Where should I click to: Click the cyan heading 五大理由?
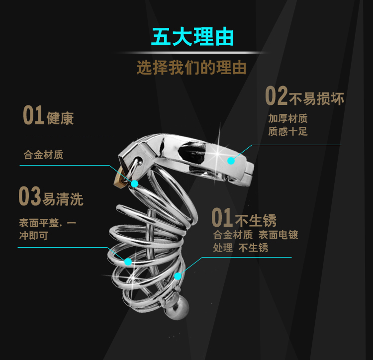[192, 37]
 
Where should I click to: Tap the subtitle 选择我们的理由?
[191, 68]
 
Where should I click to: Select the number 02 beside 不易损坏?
[277, 96]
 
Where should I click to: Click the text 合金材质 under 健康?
[43, 155]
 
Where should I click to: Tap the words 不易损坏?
[317, 98]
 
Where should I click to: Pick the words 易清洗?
[63, 199]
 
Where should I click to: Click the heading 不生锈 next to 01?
[255, 220]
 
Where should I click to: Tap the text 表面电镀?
[278, 235]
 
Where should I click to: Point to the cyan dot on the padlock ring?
[135, 184]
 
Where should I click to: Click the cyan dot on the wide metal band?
[231, 160]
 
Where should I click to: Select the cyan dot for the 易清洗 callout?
[128, 261]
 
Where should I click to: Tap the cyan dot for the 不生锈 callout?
[178, 276]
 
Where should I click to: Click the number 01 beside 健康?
[34, 116]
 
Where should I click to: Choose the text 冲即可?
[34, 236]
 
